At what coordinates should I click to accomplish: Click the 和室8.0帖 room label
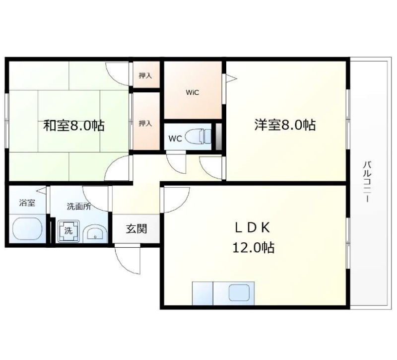[x=74, y=125]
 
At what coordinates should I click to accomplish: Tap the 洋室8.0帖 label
[x=285, y=125]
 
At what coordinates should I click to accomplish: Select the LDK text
[x=253, y=227]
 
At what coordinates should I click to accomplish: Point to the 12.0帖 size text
[x=254, y=247]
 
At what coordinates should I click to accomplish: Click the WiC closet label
[x=193, y=92]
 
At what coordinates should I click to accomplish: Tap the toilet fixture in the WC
[x=198, y=137]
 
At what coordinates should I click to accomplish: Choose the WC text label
[x=175, y=139]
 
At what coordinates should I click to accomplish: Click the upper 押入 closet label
[x=145, y=75]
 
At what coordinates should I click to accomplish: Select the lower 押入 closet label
[x=145, y=123]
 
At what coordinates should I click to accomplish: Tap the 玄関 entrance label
[x=136, y=229]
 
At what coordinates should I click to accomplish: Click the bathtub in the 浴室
[x=27, y=229]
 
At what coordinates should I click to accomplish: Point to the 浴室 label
[x=27, y=203]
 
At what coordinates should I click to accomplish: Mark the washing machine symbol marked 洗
[x=68, y=231]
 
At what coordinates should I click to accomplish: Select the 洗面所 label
[x=79, y=207]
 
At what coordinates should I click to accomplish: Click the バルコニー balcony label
[x=367, y=182]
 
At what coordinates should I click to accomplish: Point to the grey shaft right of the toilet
[x=218, y=136]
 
